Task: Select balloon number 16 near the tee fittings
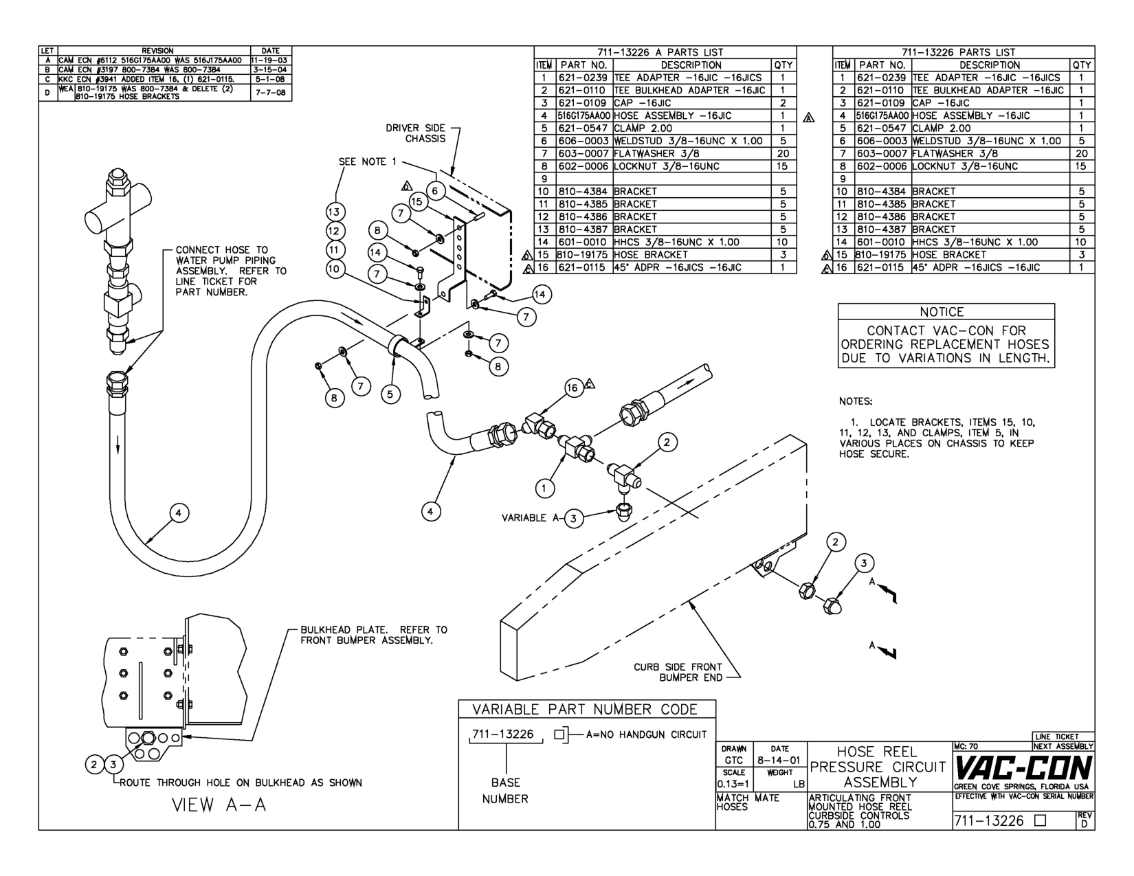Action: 572,388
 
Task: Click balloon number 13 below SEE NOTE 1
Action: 335,212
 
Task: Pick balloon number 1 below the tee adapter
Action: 544,488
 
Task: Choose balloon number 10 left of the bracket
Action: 335,269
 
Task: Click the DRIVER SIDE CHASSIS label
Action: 415,133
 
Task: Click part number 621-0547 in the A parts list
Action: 584,128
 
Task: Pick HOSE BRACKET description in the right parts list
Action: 949,255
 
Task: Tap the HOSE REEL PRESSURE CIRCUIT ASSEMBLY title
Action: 881,767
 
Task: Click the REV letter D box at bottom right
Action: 1084,820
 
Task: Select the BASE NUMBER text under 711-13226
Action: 505,791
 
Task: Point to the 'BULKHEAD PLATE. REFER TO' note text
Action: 374,629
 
